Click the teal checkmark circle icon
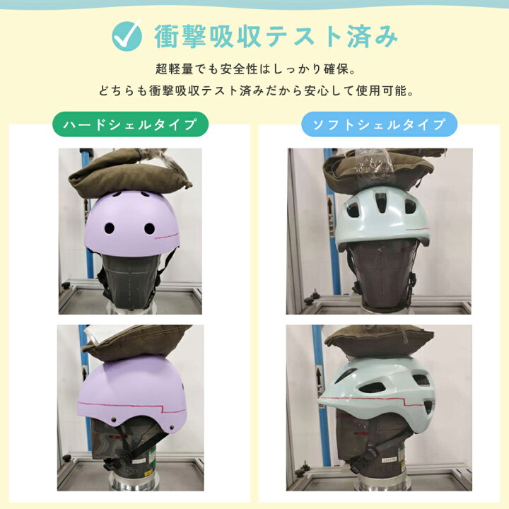coord(127,36)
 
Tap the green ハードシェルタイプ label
coord(130,124)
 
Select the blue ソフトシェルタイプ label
coord(379,124)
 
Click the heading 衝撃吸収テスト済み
coord(276,36)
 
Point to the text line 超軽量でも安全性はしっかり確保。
coord(256,69)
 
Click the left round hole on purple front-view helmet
coord(110,228)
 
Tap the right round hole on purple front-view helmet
coord(149,228)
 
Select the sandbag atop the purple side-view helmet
coord(136,344)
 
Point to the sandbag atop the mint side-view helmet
coord(379,344)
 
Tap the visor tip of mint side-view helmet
coord(320,402)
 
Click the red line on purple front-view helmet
coord(167,235)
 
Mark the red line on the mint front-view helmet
coord(417,228)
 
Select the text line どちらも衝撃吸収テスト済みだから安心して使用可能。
coord(257,90)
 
